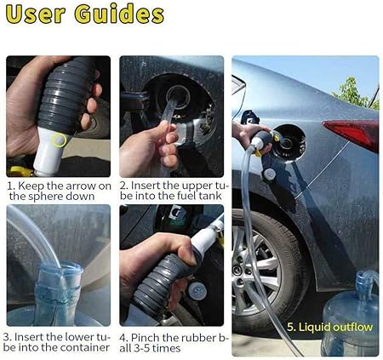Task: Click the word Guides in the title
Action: (118, 15)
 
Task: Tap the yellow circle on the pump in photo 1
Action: (60, 139)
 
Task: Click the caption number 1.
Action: (11, 185)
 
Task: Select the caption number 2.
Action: (124, 185)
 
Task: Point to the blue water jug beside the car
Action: (351, 319)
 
